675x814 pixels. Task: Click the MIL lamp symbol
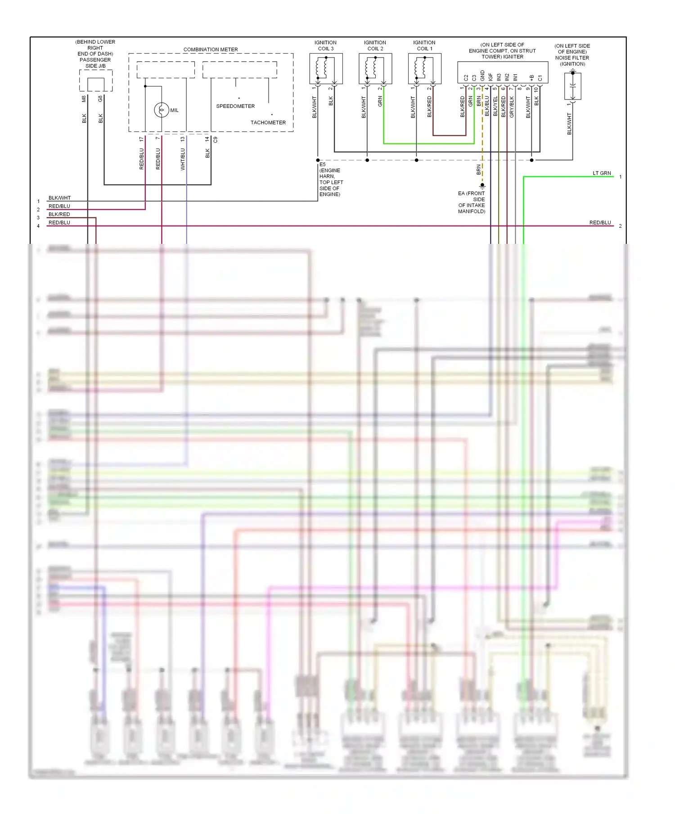coord(162,110)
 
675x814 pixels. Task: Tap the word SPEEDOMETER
coord(235,106)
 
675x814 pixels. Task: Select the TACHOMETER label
coord(268,122)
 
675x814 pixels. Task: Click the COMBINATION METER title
coord(211,49)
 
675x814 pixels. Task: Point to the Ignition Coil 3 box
coord(326,68)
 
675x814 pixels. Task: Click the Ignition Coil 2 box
coord(375,68)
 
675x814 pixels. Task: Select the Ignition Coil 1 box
coord(424,68)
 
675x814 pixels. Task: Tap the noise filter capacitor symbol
coord(572,86)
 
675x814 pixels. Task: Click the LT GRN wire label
coord(602,173)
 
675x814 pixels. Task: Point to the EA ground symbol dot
coord(482,185)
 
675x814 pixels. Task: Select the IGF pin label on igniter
coord(490,77)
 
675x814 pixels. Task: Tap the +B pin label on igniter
coord(531,78)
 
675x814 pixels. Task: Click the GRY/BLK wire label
coord(512,107)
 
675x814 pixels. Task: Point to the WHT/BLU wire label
coord(183,159)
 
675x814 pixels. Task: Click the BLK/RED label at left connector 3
coord(59,214)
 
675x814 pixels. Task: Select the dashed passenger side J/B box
coord(96,81)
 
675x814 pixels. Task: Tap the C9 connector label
coord(215,140)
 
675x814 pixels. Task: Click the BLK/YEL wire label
coord(495,107)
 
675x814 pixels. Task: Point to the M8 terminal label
coord(84,99)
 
